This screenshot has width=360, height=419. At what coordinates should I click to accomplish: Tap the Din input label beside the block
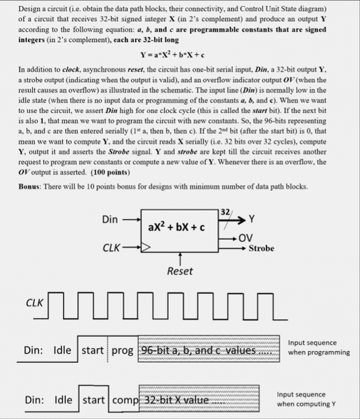[x=110, y=219]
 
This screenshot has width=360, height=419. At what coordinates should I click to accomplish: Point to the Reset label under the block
[x=179, y=271]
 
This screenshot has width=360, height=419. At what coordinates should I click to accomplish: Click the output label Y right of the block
[x=252, y=219]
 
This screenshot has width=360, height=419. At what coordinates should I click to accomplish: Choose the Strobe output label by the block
[x=261, y=248]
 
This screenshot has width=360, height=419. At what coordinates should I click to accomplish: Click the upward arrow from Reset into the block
[x=179, y=256]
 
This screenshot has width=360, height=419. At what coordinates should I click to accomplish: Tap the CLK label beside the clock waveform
[x=35, y=302]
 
